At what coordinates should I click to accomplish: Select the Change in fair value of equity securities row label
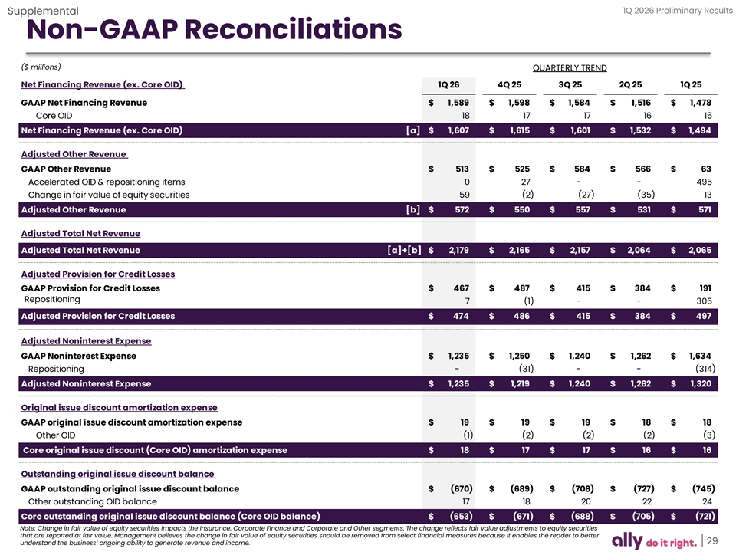(108, 195)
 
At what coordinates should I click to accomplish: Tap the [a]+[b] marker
(406, 250)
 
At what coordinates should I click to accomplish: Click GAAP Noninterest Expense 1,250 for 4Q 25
(519, 356)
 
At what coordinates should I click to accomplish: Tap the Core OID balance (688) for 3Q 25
(579, 516)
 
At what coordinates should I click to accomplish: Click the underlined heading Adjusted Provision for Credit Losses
(97, 274)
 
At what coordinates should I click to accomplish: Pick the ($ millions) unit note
(41, 67)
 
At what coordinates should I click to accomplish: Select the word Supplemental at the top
(42, 11)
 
